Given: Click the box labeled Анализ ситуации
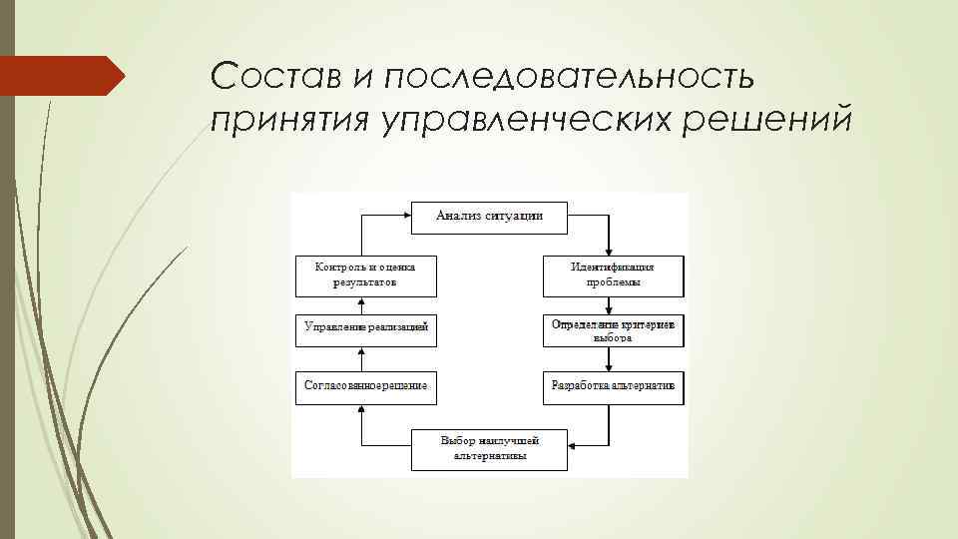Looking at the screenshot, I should (x=489, y=217).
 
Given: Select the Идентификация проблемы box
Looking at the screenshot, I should (x=613, y=274).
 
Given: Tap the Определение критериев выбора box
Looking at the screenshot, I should (x=613, y=331).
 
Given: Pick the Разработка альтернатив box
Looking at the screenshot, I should (x=613, y=386).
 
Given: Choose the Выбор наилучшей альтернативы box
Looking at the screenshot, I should (x=489, y=448).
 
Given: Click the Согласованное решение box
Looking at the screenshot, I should (x=365, y=386).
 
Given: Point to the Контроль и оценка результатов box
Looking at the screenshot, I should (x=365, y=274).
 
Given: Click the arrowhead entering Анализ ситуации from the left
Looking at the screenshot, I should (x=406, y=215).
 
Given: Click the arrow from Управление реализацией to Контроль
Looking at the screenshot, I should (x=362, y=305).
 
